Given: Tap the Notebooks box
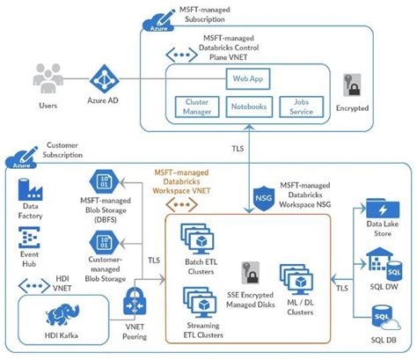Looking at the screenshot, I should [x=250, y=107].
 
